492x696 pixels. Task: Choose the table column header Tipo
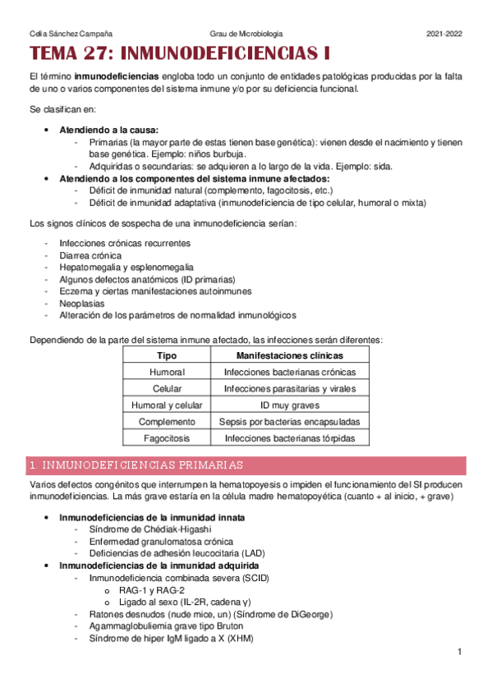coord(167,355)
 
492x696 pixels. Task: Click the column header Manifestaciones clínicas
coord(289,355)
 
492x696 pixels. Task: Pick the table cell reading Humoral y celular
coord(167,405)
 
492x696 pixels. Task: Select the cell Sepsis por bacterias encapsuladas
coord(289,421)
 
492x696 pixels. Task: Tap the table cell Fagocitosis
coord(167,438)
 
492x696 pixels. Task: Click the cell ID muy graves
coord(289,405)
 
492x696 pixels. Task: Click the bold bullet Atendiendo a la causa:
coord(108,130)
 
